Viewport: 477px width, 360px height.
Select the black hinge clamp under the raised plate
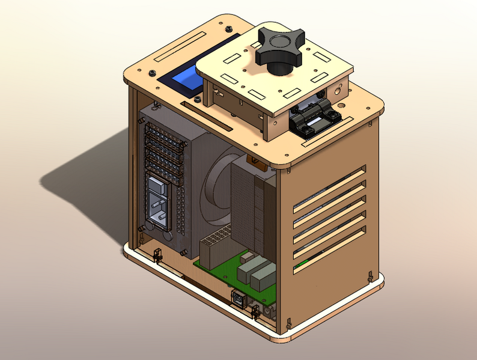click(314, 117)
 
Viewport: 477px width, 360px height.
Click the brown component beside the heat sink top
click(251, 160)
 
